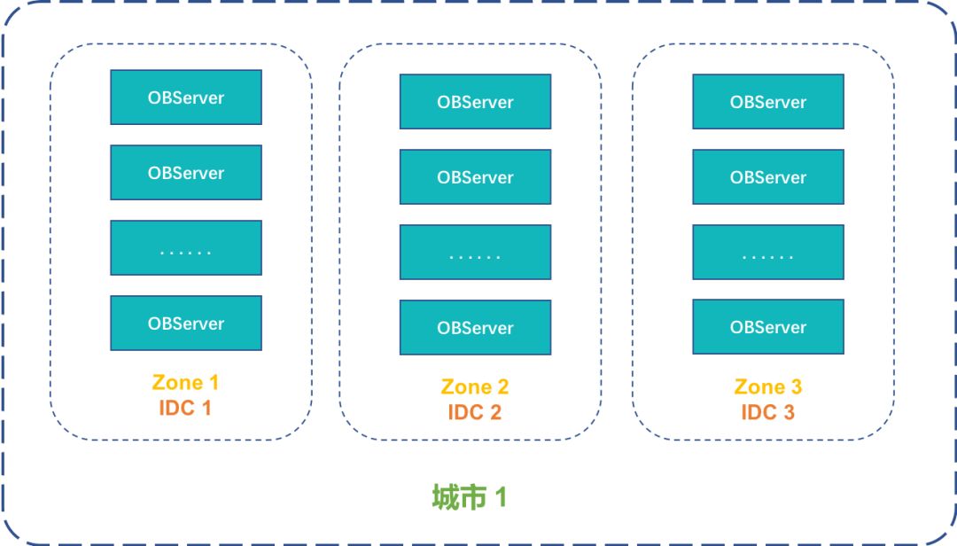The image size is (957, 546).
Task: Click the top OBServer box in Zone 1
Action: click(x=186, y=97)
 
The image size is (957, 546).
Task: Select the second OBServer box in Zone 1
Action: click(x=186, y=173)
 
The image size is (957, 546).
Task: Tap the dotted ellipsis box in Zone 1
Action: click(x=186, y=248)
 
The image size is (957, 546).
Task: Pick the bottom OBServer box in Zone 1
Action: click(x=186, y=324)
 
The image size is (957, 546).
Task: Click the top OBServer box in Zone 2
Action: click(x=475, y=102)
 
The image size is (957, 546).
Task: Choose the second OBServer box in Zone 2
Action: click(x=475, y=177)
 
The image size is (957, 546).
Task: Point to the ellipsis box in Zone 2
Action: click(x=475, y=253)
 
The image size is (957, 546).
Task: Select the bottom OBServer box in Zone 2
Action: click(x=475, y=328)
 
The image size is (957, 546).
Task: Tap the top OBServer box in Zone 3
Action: click(x=768, y=102)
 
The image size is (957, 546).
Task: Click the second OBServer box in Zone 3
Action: click(x=768, y=177)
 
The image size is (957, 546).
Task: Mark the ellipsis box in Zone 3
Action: click(x=768, y=253)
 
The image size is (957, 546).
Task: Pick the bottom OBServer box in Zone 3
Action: click(x=768, y=327)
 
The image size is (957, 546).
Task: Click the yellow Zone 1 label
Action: click(x=185, y=383)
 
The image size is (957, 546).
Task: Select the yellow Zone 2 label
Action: click(x=475, y=387)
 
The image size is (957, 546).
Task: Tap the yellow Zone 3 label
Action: click(x=768, y=387)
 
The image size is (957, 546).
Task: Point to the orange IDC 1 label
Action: click(x=185, y=408)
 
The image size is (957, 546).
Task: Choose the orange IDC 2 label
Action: click(x=475, y=412)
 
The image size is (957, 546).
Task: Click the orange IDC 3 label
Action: click(x=768, y=412)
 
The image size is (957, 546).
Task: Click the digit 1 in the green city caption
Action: click(x=501, y=497)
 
